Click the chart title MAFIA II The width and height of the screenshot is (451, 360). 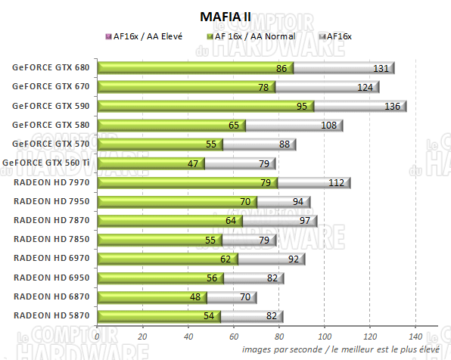coord(225,16)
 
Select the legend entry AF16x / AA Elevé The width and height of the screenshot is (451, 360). coord(147,36)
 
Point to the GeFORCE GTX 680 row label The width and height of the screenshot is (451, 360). coord(51,68)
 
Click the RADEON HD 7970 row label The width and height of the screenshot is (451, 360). coord(51,182)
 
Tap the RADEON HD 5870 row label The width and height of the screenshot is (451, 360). coord(51,315)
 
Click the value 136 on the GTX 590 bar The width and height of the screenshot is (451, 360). coord(393,106)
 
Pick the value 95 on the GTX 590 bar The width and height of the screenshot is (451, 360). coord(301,106)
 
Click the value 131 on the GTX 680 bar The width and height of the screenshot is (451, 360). coord(381,68)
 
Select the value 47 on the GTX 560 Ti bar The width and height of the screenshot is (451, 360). coord(192,163)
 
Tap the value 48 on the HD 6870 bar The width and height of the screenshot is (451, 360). coord(194,296)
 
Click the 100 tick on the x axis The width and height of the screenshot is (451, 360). coord(325,336)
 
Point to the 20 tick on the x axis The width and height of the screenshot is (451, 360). coord(143,336)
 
